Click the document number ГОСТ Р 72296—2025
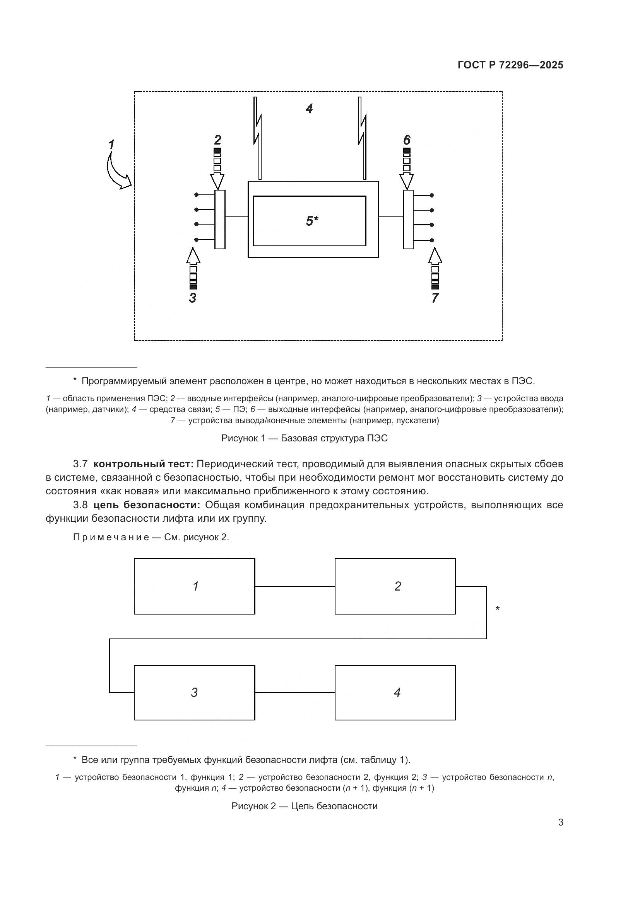click(x=510, y=65)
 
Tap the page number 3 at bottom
click(x=560, y=822)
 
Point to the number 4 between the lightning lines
click(x=310, y=109)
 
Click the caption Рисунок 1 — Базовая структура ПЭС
click(x=304, y=438)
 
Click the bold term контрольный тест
click(x=144, y=464)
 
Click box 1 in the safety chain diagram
click(x=194, y=586)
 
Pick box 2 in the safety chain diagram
click(x=395, y=586)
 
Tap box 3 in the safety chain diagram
click(x=194, y=693)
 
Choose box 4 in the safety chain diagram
click(x=395, y=693)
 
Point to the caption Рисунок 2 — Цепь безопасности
click(x=304, y=806)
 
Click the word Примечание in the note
click(x=111, y=538)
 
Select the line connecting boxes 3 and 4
click(x=295, y=693)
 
